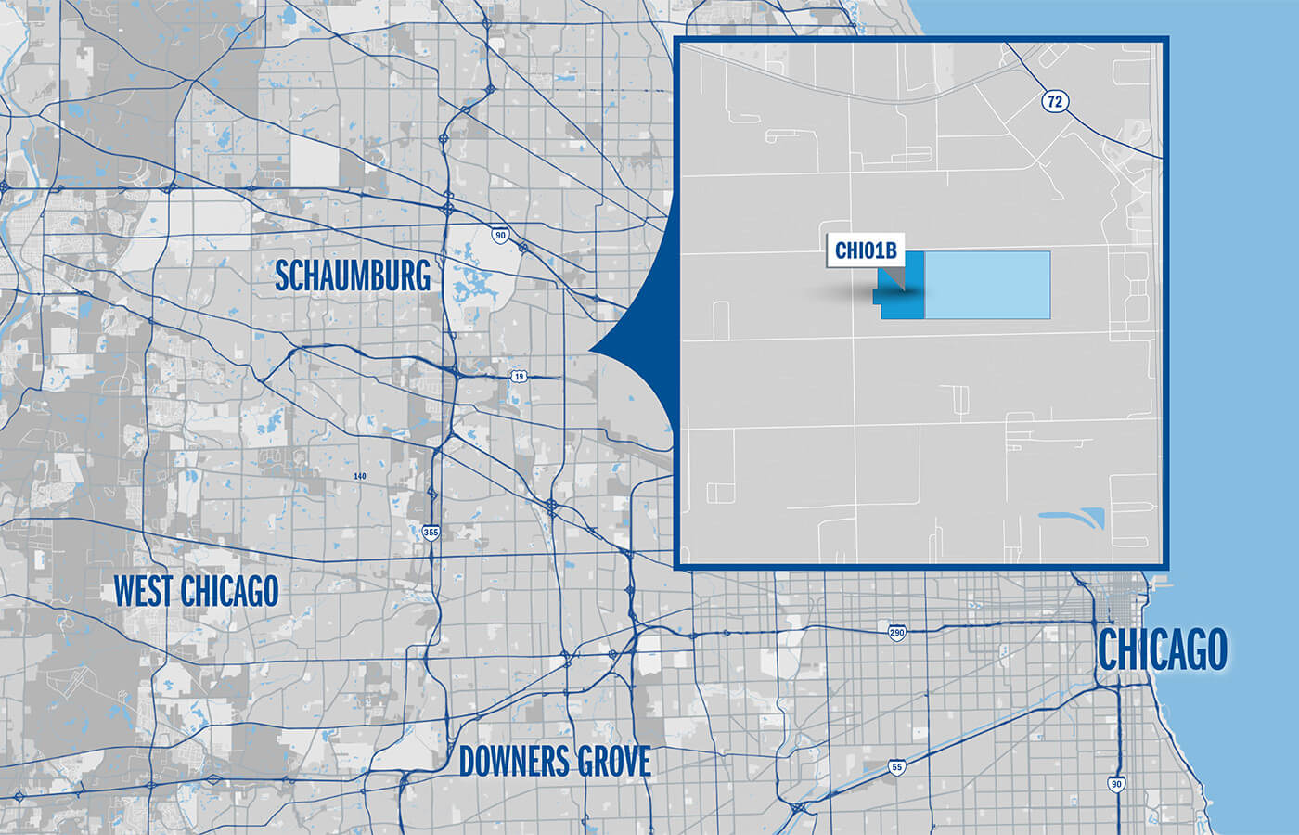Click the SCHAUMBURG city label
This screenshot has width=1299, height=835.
[353, 276]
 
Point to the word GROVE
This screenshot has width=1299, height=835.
[614, 762]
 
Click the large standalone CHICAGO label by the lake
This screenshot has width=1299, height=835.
[1162, 649]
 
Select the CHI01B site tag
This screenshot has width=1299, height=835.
[864, 250]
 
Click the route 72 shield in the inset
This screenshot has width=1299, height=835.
[1053, 101]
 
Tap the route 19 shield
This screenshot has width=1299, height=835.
[519, 376]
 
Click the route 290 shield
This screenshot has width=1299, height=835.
[896, 633]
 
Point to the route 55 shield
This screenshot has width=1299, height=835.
[895, 767]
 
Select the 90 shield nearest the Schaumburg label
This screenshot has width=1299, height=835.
[500, 236]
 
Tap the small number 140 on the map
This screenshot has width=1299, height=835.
[360, 477]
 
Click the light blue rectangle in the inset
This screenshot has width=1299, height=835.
[987, 285]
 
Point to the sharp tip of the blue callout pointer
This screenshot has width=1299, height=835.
[590, 351]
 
